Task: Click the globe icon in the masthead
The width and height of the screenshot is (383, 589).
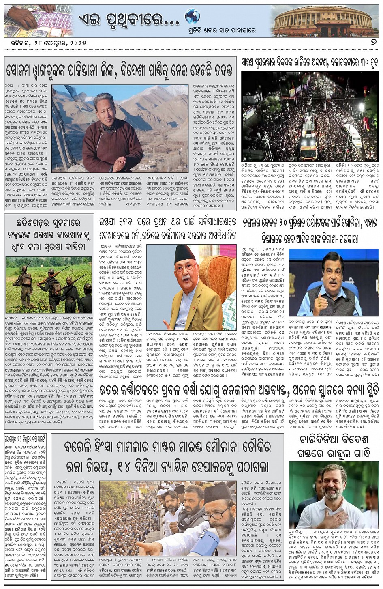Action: pos(192,17)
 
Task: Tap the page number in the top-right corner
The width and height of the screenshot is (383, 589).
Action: pos(374,42)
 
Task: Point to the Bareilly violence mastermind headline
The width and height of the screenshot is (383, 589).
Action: pos(167,456)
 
